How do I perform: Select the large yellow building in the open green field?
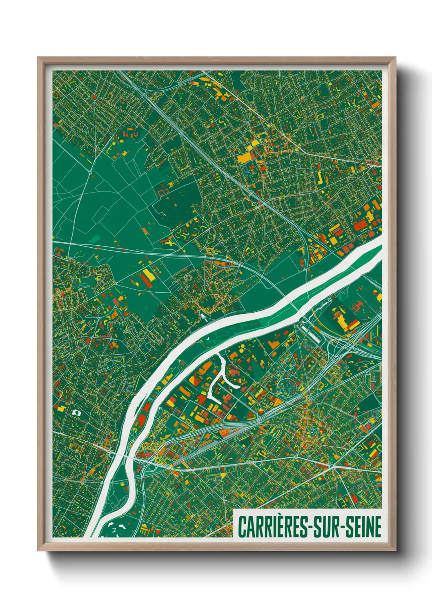click(148, 275)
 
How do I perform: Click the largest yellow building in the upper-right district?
click(245, 157)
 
